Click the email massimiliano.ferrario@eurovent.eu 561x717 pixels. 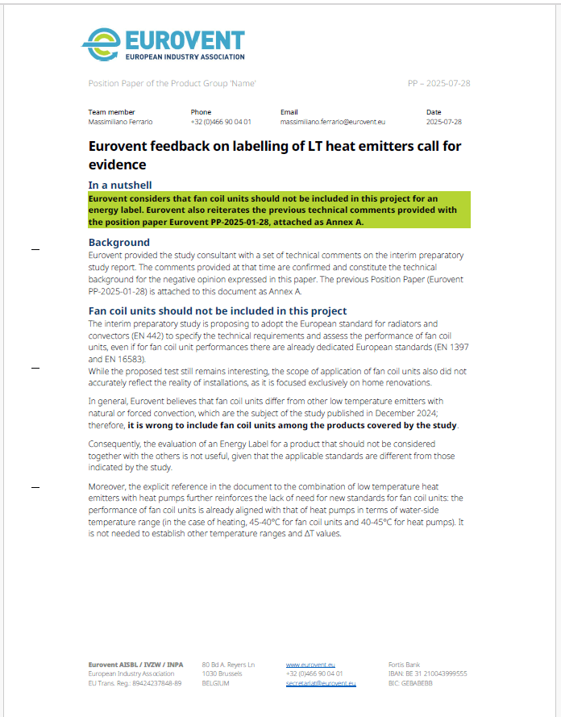[x=332, y=122]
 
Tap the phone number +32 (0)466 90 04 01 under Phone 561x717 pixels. [x=221, y=122]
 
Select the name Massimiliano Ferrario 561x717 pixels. [x=120, y=122]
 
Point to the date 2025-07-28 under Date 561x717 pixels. [x=443, y=122]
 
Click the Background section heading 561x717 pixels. [x=118, y=242]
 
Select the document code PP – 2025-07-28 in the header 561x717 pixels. [x=439, y=83]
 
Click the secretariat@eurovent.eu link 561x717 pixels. [x=320, y=683]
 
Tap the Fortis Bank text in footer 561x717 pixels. [x=404, y=664]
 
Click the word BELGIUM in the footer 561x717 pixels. [x=215, y=683]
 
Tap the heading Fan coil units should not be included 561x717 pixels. [x=217, y=311]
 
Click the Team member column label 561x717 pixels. [x=111, y=112]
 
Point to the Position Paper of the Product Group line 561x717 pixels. [x=172, y=83]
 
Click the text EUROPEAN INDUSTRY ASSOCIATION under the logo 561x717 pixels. [x=184, y=56]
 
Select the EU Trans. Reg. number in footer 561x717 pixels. [x=135, y=683]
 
